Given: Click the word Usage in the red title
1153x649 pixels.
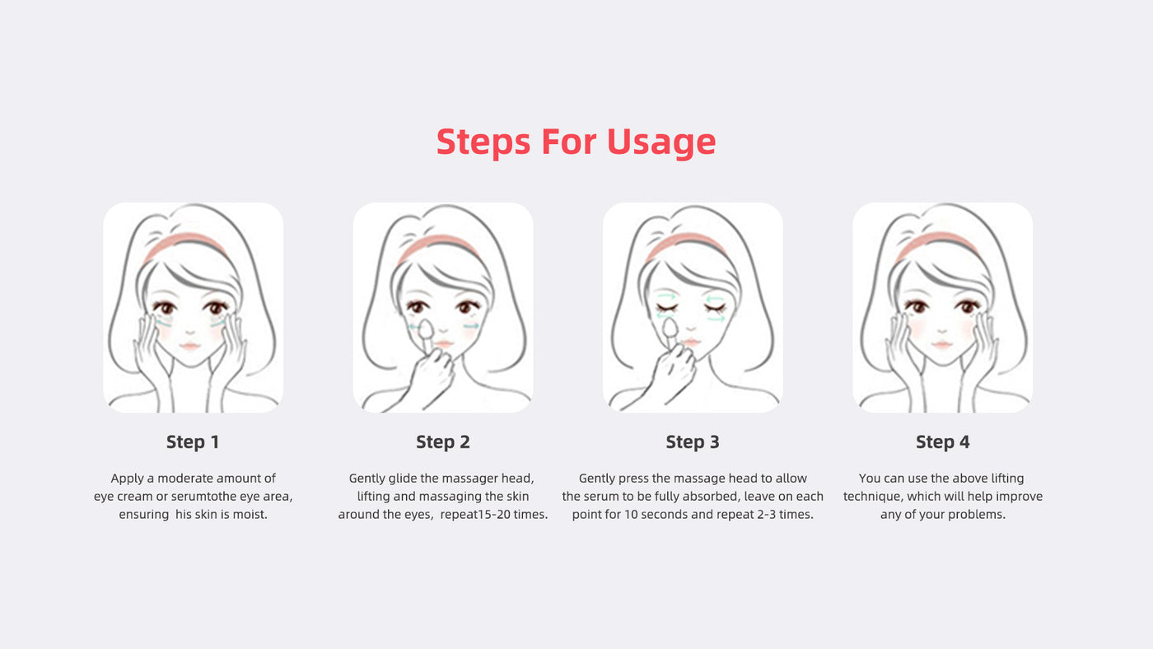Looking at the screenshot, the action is pos(661,142).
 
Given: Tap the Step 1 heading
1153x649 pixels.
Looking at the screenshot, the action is pos(193,441).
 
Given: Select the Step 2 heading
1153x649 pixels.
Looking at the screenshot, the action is pos(443,441).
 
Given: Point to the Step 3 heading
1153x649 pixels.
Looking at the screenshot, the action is pos(693,441).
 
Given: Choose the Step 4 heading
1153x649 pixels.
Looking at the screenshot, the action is pos(942,441).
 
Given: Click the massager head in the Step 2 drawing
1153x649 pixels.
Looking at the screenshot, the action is pos(426,329).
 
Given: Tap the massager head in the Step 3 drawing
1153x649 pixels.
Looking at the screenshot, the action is pos(669,327).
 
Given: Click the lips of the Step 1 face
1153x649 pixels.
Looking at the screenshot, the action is pos(190,345).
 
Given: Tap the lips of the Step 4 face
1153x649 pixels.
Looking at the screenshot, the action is pos(941,343).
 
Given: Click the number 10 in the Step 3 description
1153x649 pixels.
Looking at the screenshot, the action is pos(632,514).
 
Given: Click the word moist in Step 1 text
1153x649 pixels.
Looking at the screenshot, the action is pos(250,514).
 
